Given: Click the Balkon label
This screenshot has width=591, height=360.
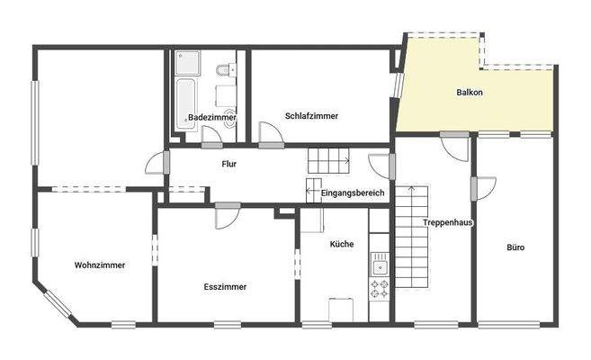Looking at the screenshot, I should coord(470,93).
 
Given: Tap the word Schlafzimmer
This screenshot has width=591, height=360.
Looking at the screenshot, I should coord(311,115).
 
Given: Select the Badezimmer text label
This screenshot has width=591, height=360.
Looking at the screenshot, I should coord(212,118).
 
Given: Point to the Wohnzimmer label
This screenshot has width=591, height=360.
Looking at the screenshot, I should coord(100,265).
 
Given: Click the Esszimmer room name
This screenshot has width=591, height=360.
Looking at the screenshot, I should coord(225,286).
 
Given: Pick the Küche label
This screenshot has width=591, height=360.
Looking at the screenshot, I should coord(342,244).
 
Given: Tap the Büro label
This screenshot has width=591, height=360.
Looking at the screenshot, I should coord(515,247).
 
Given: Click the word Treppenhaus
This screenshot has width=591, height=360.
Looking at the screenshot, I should coord(448,221).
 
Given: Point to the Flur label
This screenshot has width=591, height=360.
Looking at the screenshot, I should coord(229,164).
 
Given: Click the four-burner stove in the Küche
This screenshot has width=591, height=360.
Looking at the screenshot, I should coord(380,288).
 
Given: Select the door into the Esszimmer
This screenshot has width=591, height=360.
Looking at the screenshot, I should coord(227,213).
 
